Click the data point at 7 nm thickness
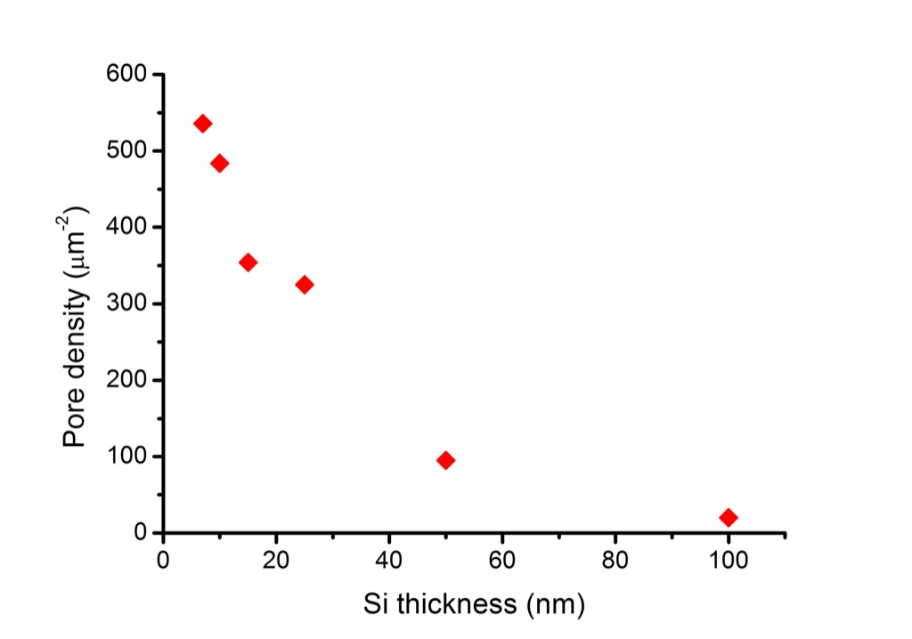pyautogui.click(x=202, y=124)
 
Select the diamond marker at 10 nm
pyautogui.click(x=219, y=163)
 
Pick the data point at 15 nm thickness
pyautogui.click(x=248, y=263)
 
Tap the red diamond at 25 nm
pyautogui.click(x=305, y=285)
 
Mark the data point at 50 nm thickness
pyautogui.click(x=446, y=460)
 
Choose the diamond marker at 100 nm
pyautogui.click(x=729, y=517)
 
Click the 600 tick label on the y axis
pyautogui.click(x=126, y=75)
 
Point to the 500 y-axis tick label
pyautogui.click(x=126, y=151)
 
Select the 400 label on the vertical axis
pyautogui.click(x=126, y=228)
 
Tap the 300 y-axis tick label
pyautogui.click(x=126, y=304)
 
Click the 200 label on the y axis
pyautogui.click(x=126, y=381)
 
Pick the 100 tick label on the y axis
pyautogui.click(x=126, y=457)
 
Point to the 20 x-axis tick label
pyautogui.click(x=276, y=562)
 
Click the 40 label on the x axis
pyautogui.click(x=389, y=562)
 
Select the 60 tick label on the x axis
pyautogui.click(x=502, y=562)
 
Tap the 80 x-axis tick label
pyautogui.click(x=615, y=562)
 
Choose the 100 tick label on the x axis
pyautogui.click(x=729, y=562)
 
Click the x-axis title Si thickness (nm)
pyautogui.click(x=474, y=604)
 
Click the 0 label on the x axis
pyautogui.click(x=163, y=562)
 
